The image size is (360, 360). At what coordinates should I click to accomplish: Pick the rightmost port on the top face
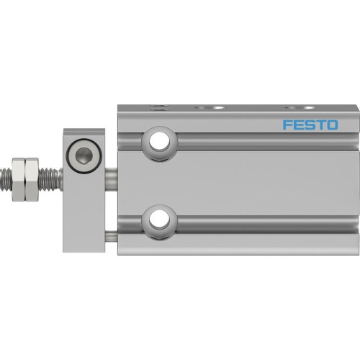click(290, 107)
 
